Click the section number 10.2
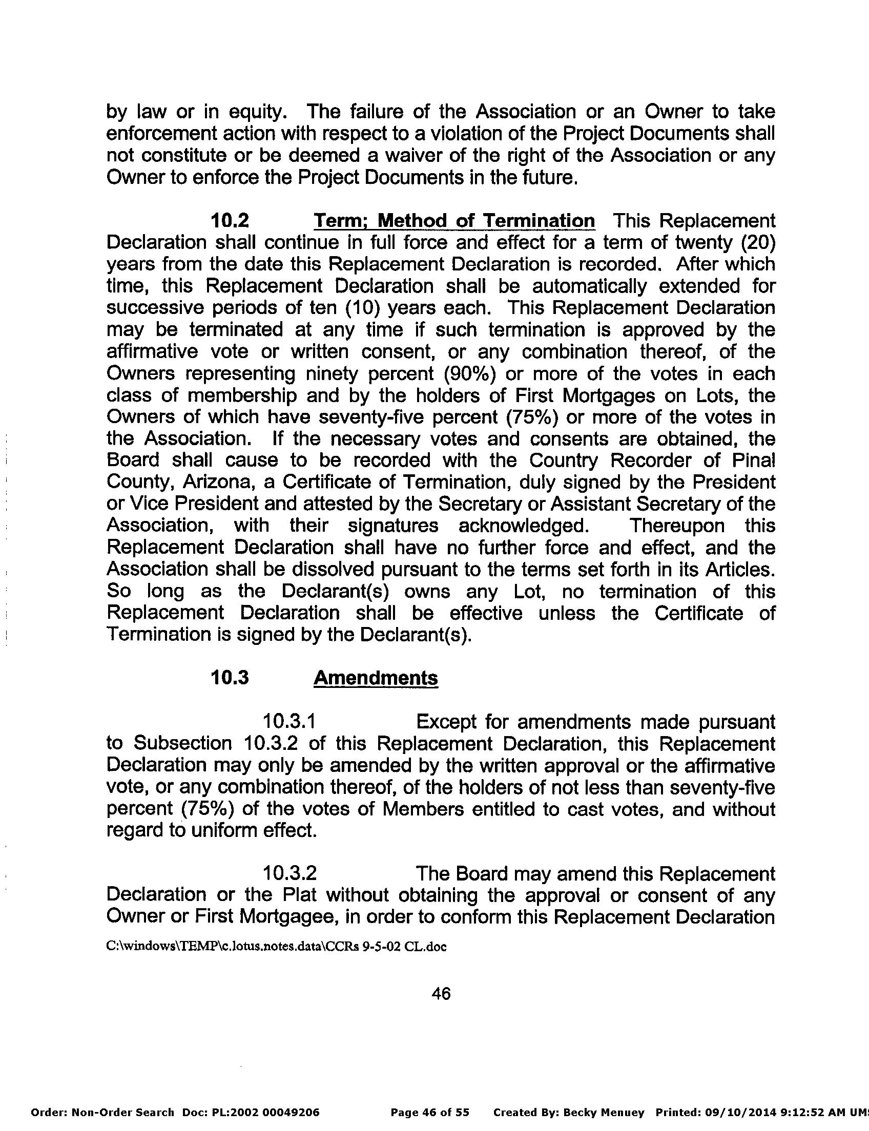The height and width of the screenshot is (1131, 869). (230, 221)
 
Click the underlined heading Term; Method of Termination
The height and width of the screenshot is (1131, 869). (454, 221)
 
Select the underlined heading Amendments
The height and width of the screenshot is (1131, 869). (376, 678)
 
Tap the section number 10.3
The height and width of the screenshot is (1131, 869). (230, 678)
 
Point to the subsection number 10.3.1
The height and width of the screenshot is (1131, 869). (289, 721)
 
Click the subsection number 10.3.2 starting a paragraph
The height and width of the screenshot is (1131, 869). (289, 873)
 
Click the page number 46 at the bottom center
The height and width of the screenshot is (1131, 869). (441, 993)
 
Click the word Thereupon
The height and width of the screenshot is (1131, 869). (676, 526)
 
